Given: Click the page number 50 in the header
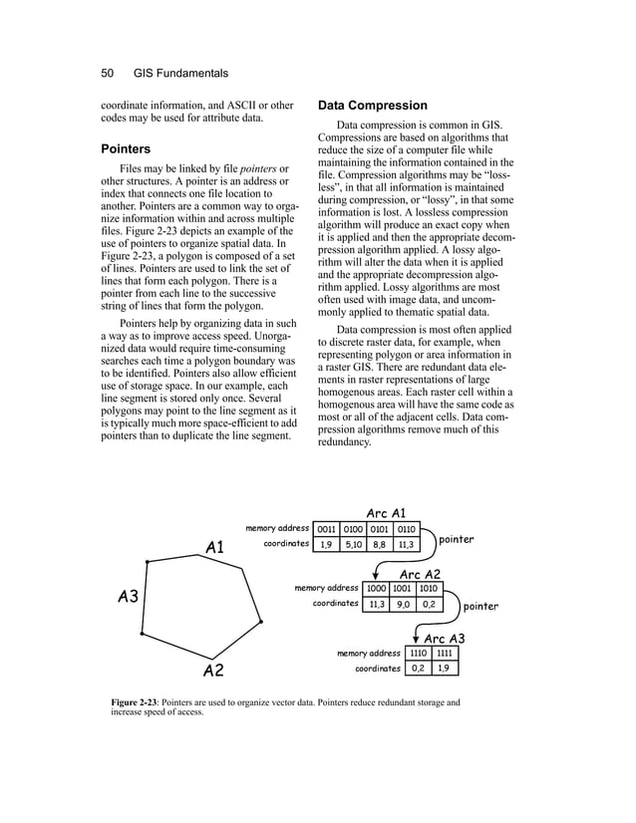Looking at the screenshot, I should point(110,73).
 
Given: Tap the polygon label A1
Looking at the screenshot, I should point(214,547).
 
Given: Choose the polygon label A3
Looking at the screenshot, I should point(128,598).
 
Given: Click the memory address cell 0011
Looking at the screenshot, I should point(326,528).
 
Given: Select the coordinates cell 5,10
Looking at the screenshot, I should point(353,545).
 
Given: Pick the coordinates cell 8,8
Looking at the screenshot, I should point(380,545).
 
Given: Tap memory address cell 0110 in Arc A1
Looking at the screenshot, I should point(407,528).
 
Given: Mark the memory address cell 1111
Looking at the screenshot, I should point(446,654).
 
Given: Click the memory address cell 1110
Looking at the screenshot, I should point(419,654).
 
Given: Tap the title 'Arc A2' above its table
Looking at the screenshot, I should point(420,574).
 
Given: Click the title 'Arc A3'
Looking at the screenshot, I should point(445,638).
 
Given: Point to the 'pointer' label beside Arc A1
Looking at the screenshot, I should point(457,540).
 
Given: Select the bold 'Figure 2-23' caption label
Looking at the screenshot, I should point(138,703).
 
